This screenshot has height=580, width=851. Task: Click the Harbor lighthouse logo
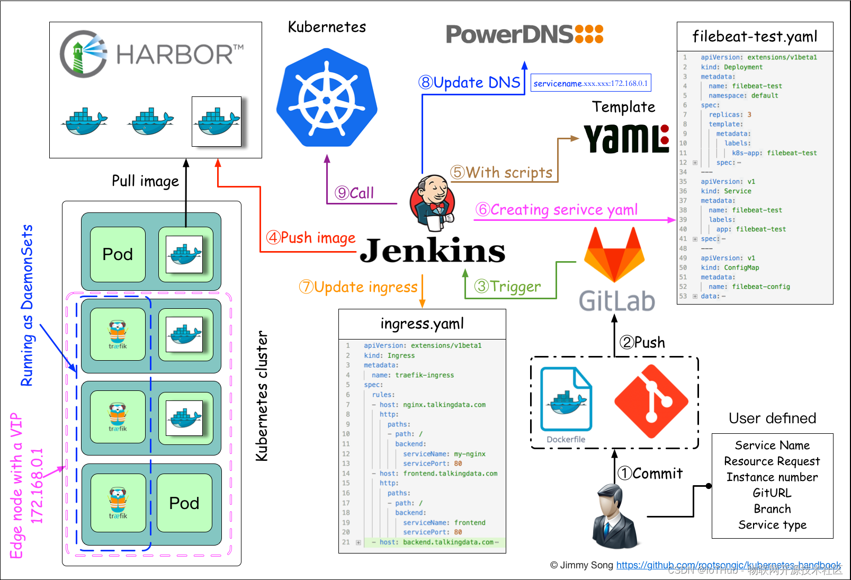[x=84, y=53]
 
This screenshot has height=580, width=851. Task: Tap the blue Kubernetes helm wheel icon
[x=327, y=98]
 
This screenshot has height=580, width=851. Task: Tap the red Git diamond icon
[x=651, y=401]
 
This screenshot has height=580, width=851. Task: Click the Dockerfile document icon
[x=566, y=400]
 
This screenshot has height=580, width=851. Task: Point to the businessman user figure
[x=614, y=516]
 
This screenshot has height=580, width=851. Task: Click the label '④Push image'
[x=311, y=238]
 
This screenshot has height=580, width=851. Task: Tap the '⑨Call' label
[x=354, y=193]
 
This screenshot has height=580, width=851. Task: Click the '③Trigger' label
[x=508, y=287]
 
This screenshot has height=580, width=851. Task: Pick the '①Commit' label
[x=650, y=473]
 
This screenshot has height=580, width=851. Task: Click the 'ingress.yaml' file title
[x=422, y=324]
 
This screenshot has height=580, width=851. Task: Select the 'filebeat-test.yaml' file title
[x=755, y=37]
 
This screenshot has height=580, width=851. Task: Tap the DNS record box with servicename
[x=590, y=83]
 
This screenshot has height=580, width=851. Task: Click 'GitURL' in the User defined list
[x=772, y=493]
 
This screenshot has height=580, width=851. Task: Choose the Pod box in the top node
[x=118, y=254]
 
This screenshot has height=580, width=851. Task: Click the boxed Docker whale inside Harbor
[x=217, y=121]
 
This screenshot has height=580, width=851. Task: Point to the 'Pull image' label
[x=145, y=181]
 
